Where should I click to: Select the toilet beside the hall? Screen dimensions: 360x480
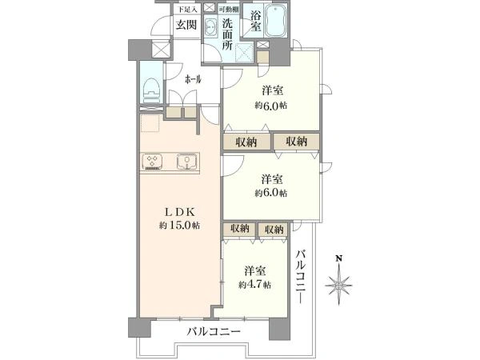tap(150, 90)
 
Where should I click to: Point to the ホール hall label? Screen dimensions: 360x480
tap(193, 80)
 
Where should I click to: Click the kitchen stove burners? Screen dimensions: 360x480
tap(154, 162)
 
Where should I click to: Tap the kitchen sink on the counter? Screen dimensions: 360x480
tap(187, 162)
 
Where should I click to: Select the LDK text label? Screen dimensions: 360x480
tap(180, 211)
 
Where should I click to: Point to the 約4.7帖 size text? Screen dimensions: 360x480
tap(254, 285)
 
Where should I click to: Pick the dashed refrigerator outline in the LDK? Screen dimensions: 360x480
tap(150, 125)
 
